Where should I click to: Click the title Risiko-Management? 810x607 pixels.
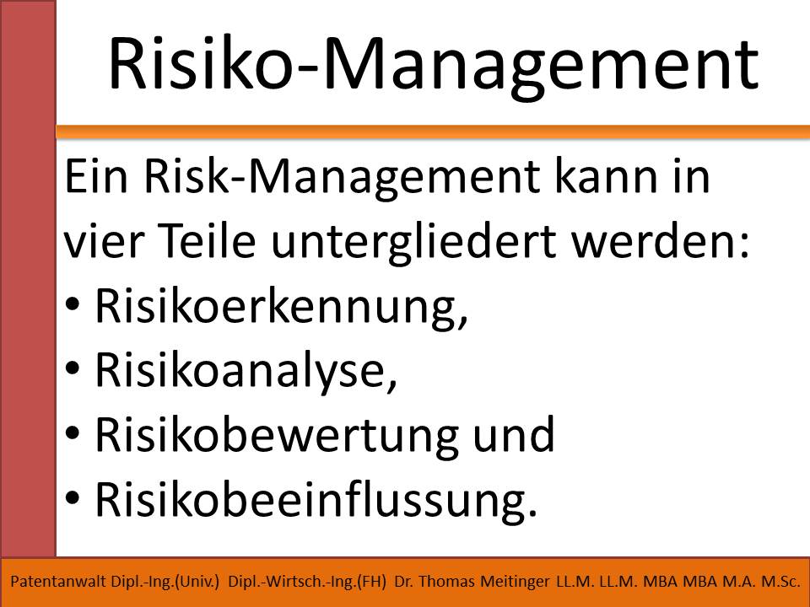coord(434,67)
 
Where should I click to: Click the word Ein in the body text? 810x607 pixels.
coord(96,177)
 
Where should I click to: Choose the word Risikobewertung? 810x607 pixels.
coord(277,436)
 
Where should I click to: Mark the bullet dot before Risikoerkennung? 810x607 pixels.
coord(73,304)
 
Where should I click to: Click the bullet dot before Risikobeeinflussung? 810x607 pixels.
coord(73,497)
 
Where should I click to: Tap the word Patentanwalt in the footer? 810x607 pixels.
coord(58,582)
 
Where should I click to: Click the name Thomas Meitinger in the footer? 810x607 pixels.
coord(484,582)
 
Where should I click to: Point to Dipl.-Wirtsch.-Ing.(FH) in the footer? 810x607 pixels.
coord(307,582)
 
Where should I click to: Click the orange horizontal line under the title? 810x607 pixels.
coord(433,132)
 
